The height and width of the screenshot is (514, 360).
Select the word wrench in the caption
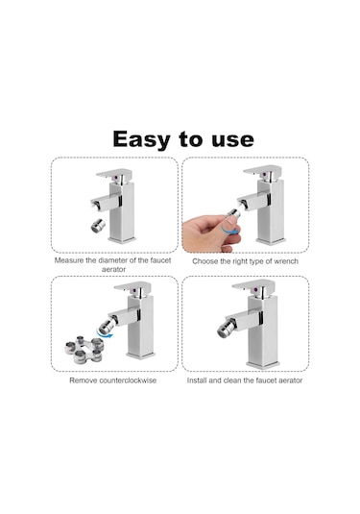281,260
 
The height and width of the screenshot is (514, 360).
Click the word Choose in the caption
208,260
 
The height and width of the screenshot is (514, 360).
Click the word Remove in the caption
84,380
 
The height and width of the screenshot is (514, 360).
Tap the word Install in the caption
201,380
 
